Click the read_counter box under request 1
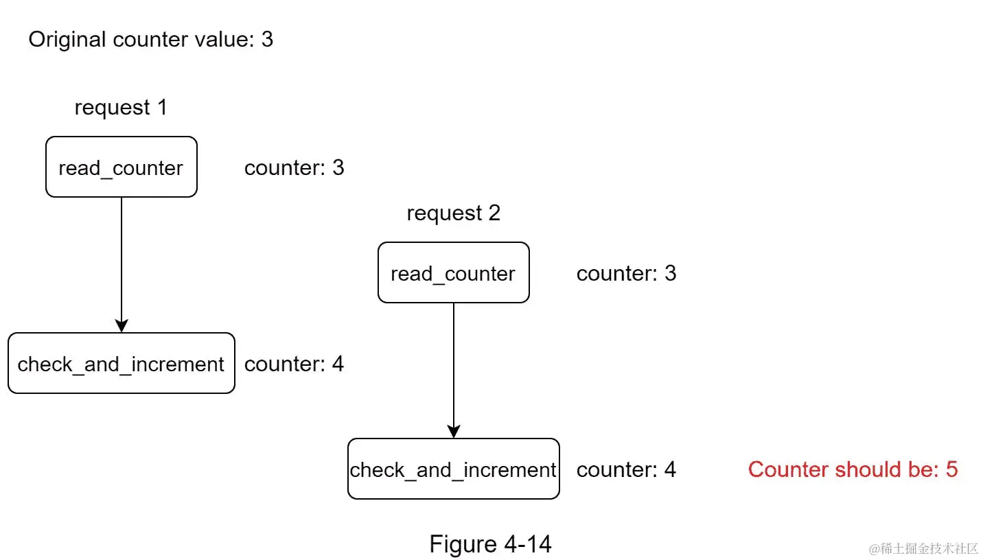coord(122,167)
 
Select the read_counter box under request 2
coord(453,273)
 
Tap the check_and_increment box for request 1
coord(121,364)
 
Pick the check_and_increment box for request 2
coord(453,469)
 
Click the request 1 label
coord(121,108)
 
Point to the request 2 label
coord(453,213)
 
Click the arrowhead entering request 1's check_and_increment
coord(122,326)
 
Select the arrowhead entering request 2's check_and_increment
coord(453,432)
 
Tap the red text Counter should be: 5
coord(853,469)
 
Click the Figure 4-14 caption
coord(490,544)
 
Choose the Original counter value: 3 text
coord(150,40)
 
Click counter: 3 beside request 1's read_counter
coord(294,167)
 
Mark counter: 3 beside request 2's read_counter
coord(626,273)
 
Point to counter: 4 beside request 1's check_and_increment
coord(294,364)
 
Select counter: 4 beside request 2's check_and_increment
coord(626,469)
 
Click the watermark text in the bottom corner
coord(923,548)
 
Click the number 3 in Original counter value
coord(267,40)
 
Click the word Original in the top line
coord(67,40)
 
